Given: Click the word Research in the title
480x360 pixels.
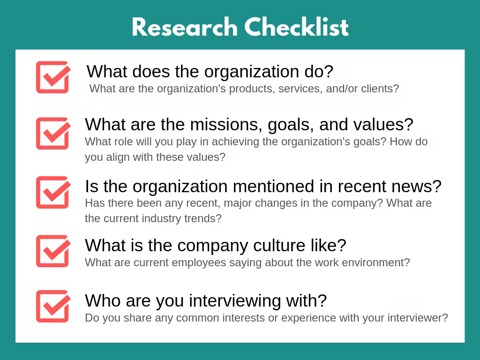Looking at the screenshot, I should [185, 28].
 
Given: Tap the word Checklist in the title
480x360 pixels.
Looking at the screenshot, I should [297, 28].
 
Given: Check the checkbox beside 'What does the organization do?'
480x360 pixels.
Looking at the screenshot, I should [53, 77].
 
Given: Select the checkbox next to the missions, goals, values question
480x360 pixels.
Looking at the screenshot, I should [53, 133].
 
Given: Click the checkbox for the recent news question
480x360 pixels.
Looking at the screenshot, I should [53, 192].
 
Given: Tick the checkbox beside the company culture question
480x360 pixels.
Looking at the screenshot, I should [53, 251].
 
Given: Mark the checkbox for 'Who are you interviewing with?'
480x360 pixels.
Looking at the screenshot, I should [53, 306].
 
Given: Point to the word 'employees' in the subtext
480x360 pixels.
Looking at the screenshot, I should [199, 262].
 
